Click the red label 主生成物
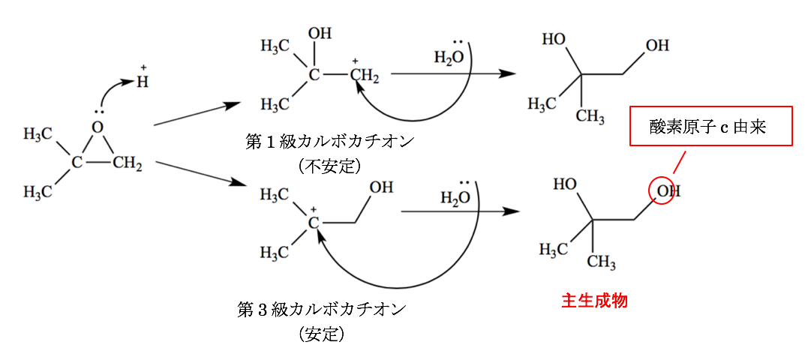[594, 301]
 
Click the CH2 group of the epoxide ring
[128, 163]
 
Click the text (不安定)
[329, 166]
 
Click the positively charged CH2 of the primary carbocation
[365, 76]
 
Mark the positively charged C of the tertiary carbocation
[314, 223]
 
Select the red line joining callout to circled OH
[680, 161]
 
